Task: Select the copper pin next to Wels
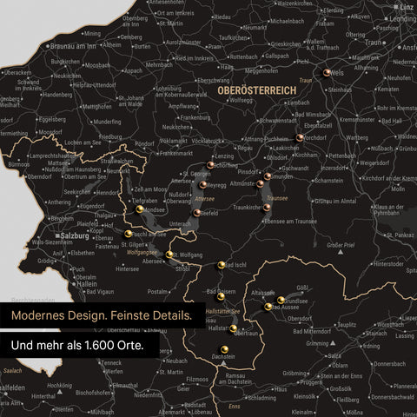coord(327,74)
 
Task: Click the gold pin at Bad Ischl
coord(222,264)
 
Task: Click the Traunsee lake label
coord(278,198)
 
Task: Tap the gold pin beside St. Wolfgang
coord(170,255)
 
